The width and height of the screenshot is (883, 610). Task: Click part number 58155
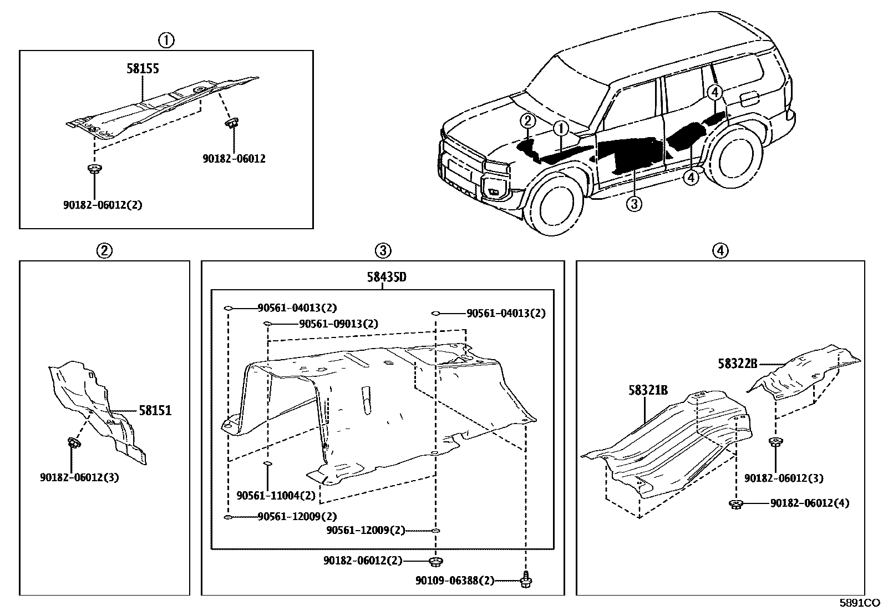[x=143, y=68]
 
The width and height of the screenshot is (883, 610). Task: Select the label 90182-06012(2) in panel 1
[x=103, y=205]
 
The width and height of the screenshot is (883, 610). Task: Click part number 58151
[x=155, y=411]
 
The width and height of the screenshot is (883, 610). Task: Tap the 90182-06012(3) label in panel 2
[x=79, y=477]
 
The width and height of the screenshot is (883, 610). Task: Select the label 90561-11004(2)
[x=276, y=495]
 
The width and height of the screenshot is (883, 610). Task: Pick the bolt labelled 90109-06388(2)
[x=525, y=581]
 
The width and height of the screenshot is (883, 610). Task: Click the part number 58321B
[x=648, y=390]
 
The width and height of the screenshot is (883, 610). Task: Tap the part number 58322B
[x=737, y=364]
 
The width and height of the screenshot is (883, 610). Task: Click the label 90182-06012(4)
[x=809, y=503]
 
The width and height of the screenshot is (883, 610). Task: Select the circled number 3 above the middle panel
[x=383, y=251]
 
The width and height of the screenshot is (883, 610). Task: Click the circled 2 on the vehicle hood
[x=527, y=120]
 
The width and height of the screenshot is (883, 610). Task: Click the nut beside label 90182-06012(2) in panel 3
[x=437, y=561]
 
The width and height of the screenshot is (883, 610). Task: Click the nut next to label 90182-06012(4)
[x=736, y=503]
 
